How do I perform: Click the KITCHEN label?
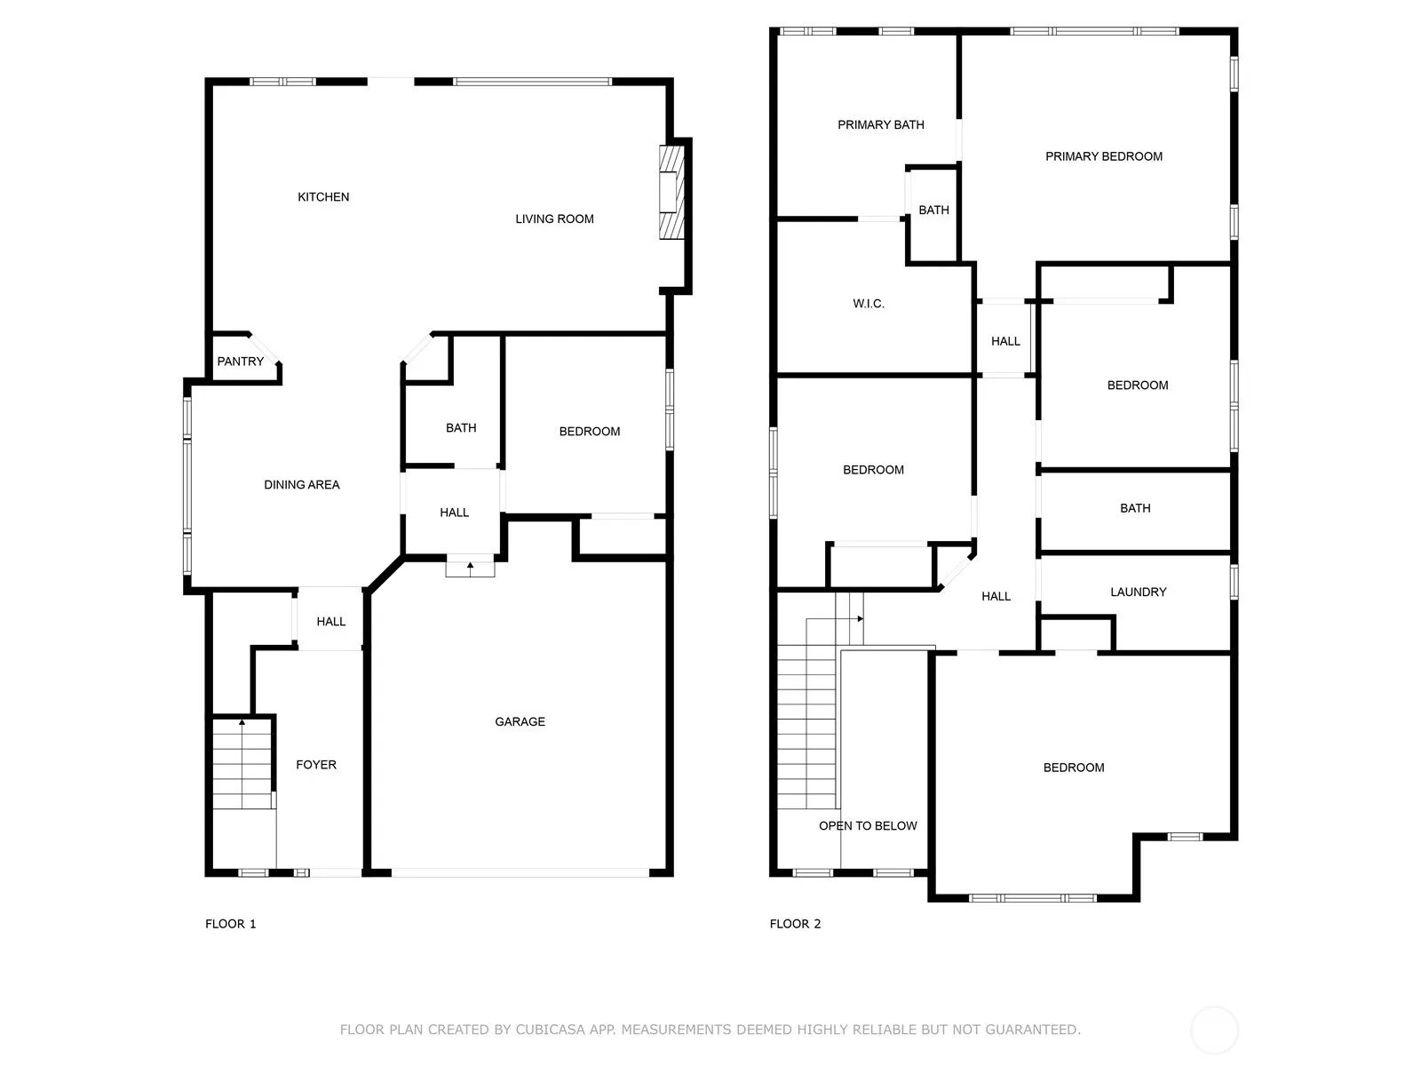323,196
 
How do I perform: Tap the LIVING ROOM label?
554,219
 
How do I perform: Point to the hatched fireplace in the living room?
671,192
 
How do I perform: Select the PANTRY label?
240,362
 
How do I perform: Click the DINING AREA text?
302,484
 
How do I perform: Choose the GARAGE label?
520,721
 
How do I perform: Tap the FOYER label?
316,764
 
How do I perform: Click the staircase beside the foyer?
242,763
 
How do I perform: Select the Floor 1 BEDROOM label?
589,431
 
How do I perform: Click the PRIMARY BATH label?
880,124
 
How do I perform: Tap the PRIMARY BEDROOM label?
1103,156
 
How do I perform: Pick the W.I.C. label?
868,304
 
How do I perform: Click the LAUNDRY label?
1138,592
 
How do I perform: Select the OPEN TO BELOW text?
868,825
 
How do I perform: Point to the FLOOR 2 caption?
795,924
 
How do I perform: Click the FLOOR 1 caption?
230,924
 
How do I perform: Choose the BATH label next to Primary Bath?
933,210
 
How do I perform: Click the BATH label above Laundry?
1135,508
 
